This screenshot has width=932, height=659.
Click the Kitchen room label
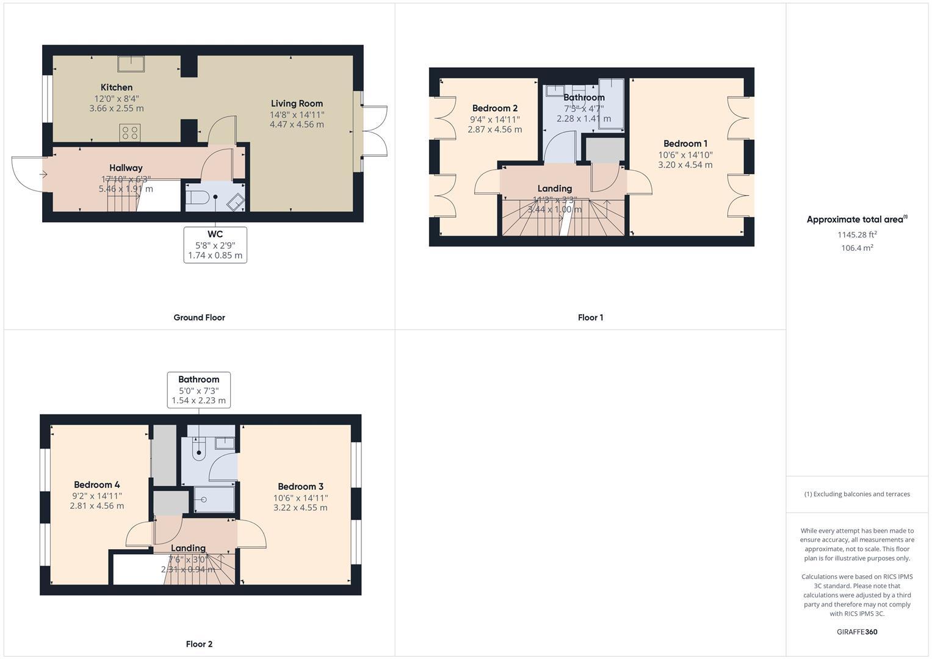117,87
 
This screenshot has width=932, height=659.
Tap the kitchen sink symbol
131,63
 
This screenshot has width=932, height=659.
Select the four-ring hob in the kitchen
130,132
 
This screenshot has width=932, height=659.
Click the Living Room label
297,104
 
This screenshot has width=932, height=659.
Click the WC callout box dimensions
215,250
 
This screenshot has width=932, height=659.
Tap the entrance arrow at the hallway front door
43,175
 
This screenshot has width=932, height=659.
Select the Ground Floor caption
199,317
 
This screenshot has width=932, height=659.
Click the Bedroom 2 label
494,109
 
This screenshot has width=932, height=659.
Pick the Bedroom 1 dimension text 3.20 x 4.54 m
685,165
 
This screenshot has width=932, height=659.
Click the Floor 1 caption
590,317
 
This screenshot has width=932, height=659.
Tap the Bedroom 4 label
96,485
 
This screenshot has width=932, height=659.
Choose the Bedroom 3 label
300,486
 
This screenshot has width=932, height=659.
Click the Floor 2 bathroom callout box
198,390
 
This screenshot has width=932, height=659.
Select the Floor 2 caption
199,644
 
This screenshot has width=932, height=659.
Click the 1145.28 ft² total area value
857,234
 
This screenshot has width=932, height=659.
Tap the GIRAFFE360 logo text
857,632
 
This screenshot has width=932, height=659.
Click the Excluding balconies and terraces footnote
857,494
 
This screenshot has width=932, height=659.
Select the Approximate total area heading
856,220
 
